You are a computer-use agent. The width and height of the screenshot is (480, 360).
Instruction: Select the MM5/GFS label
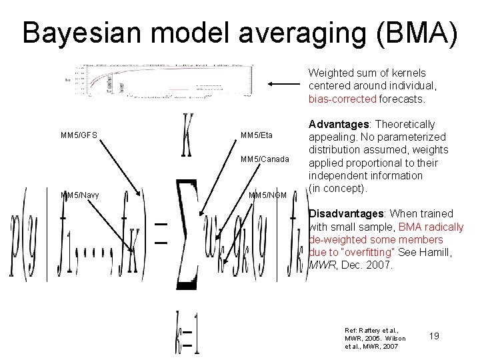pos(79,135)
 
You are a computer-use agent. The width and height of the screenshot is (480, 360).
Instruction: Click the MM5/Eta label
pos(256,135)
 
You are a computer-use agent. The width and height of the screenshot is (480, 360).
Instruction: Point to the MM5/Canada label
pos(265,159)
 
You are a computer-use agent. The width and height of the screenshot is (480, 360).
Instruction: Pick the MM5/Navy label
pos(80,195)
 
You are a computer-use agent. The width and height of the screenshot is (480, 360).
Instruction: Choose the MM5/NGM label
pos(267,195)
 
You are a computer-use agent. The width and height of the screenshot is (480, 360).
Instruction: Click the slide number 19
pos(434,336)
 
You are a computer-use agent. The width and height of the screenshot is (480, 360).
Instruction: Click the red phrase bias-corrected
pos(342,99)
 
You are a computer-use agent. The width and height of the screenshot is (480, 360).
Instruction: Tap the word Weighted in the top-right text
pos(329,72)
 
